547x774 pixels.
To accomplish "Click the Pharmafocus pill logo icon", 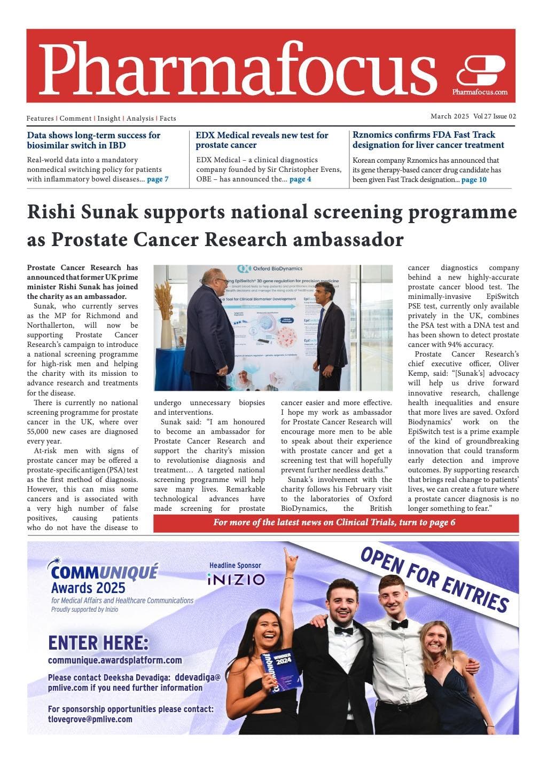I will coord(480,70).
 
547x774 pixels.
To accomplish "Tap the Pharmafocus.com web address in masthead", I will coord(480,92).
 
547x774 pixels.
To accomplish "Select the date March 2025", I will coord(450,116).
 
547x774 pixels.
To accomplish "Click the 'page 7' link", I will coord(158,179).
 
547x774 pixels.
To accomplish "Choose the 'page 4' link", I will coord(300,179).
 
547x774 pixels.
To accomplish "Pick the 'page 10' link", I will coord(474,180).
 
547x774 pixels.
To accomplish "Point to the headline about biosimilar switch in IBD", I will coord(93,140).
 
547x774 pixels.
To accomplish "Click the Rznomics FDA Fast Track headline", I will coord(428,140).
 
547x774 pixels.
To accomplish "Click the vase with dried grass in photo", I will coord(166,320).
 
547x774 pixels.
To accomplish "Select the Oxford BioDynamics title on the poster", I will coord(277,268).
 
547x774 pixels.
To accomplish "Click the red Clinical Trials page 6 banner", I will coord(335,523).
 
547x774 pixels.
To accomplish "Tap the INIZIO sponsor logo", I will coord(236,579).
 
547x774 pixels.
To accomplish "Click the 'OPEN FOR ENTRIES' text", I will coord(434,579).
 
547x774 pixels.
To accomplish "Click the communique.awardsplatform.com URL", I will coord(115,660).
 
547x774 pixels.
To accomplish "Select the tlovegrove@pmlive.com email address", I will coord(90,719).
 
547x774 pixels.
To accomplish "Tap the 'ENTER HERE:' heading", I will coord(98,642).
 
